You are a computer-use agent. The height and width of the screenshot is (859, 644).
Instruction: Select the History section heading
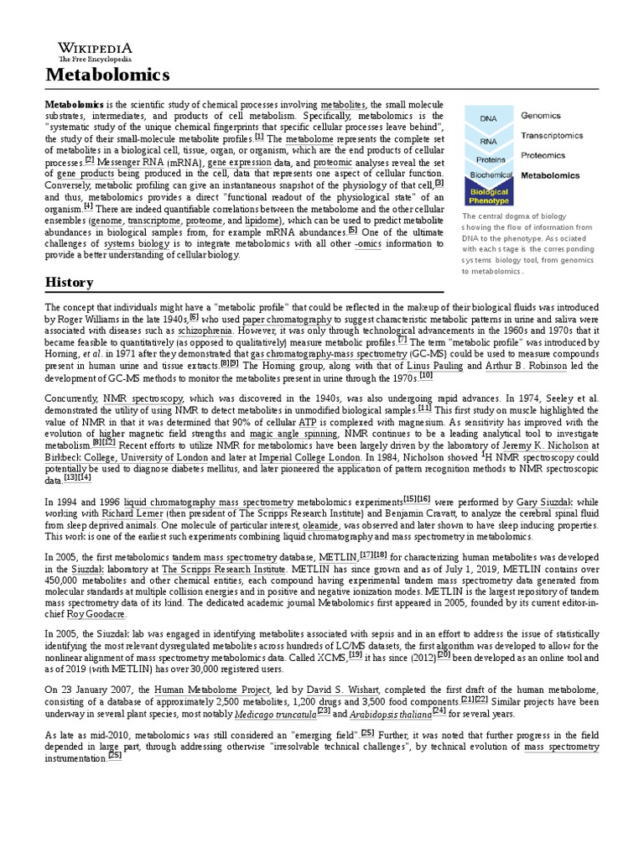point(70,282)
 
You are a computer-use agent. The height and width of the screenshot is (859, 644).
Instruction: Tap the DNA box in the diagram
point(488,119)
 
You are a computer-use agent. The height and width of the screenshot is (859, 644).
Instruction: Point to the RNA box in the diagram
point(488,141)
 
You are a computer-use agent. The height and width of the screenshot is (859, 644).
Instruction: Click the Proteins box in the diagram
point(491,159)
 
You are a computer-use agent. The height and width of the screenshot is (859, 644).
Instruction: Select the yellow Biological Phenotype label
point(487,195)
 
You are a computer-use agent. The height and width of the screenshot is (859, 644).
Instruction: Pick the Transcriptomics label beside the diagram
point(556,135)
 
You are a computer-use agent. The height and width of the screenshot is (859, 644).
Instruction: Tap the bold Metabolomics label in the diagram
point(550,176)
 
